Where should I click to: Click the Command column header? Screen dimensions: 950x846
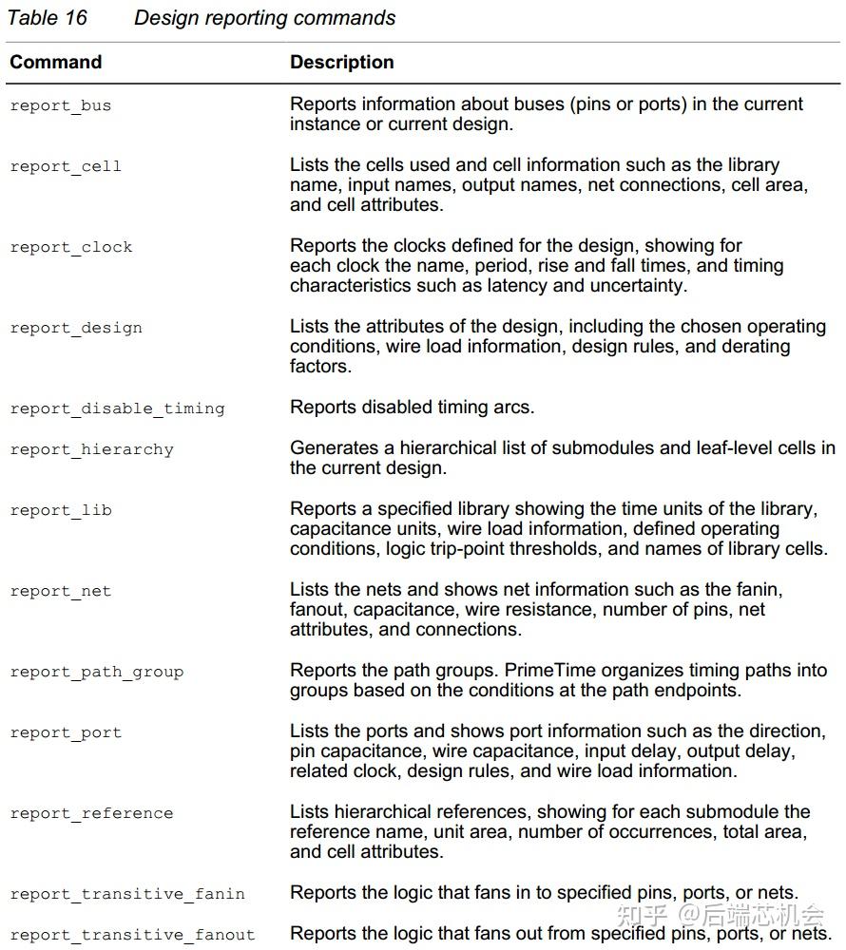click(55, 63)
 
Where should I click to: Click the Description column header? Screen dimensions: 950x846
click(341, 63)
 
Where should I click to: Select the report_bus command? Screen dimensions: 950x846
click(61, 105)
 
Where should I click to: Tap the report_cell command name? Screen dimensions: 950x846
click(66, 166)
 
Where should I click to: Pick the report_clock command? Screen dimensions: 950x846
click(71, 247)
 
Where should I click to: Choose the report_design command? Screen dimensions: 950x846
click(76, 328)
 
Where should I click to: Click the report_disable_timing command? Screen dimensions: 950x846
click(117, 408)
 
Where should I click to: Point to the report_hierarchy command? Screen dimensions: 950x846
click(91, 449)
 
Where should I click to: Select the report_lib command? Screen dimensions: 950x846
click(61, 510)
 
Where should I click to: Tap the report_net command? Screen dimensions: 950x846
click(61, 591)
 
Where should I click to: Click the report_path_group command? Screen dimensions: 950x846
click(96, 672)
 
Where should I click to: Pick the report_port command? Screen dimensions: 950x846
click(66, 732)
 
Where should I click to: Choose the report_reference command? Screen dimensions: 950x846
click(91, 813)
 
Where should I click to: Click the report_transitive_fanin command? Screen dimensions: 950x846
click(127, 894)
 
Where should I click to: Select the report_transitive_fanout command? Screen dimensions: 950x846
click(132, 935)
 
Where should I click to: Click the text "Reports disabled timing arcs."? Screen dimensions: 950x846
click(412, 408)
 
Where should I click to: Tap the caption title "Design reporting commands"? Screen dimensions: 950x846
click(264, 18)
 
